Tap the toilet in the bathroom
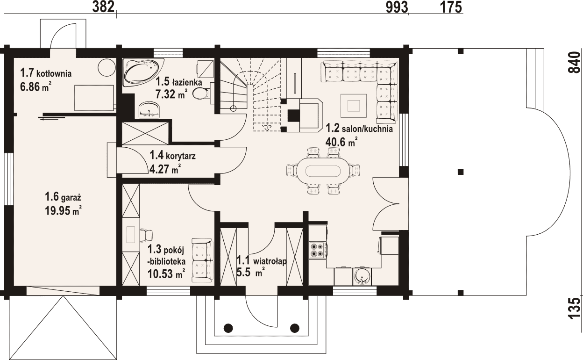point(202,94)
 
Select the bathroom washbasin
point(149,110)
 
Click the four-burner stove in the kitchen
point(316,250)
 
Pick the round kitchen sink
point(362,276)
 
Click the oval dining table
point(323,171)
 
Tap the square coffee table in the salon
point(354,106)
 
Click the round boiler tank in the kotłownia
point(107,67)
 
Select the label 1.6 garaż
point(63,197)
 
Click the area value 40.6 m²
point(341,142)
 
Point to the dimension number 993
point(397,7)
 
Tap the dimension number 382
point(103,7)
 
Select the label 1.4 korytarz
point(172,156)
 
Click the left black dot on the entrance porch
point(228,327)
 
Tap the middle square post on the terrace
point(461,172)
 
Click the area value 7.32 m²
point(171,94)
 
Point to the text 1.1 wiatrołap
point(261,261)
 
